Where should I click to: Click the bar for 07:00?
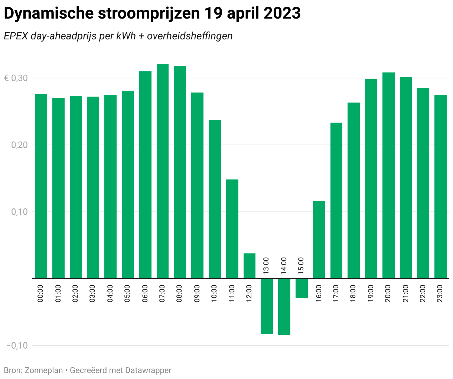pyautogui.click(x=163, y=171)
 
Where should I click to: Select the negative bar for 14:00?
pyautogui.click(x=284, y=307)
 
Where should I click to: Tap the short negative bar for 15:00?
pyautogui.click(x=302, y=288)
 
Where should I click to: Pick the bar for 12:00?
pyautogui.click(x=250, y=266)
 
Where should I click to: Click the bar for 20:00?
pyautogui.click(x=388, y=175)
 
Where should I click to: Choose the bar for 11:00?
pyautogui.click(x=232, y=229)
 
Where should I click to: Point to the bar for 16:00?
pyautogui.click(x=319, y=240)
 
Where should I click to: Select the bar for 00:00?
pyautogui.click(x=41, y=186)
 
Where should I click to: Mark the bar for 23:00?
pyautogui.click(x=440, y=187)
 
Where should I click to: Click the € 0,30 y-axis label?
pyautogui.click(x=16, y=78)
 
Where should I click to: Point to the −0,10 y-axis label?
pyautogui.click(x=17, y=346)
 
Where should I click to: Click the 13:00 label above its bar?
pyautogui.click(x=266, y=266)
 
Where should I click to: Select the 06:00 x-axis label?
pyautogui.click(x=145, y=293)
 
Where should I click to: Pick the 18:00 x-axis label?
pyautogui.click(x=353, y=293)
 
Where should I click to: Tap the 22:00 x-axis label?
pyautogui.click(x=423, y=293)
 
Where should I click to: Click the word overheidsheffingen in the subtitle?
pyautogui.click(x=190, y=36)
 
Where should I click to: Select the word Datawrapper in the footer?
pyautogui.click(x=148, y=370)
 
